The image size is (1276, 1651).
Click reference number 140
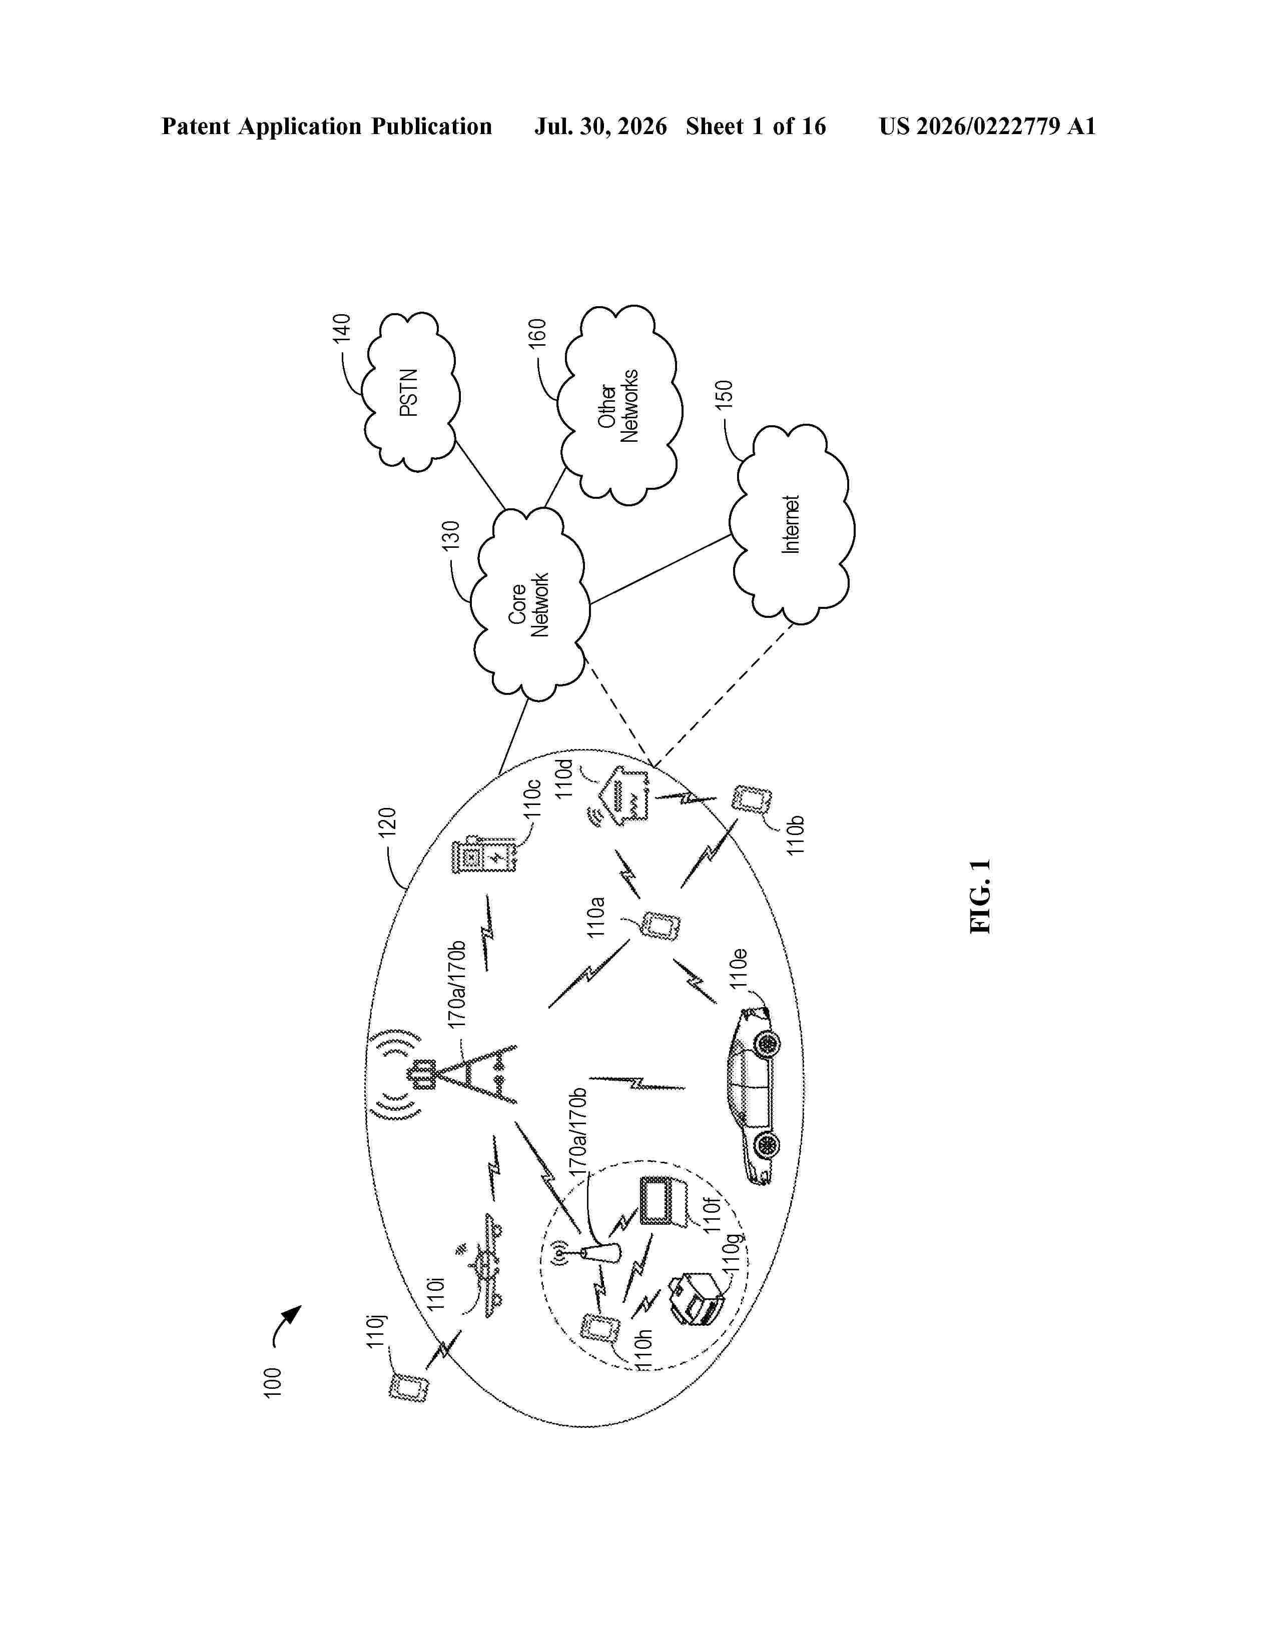[x=342, y=330]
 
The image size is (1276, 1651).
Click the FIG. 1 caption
[x=980, y=896]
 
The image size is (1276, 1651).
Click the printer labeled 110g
[x=698, y=1302]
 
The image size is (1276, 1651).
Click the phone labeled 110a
[x=661, y=925]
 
